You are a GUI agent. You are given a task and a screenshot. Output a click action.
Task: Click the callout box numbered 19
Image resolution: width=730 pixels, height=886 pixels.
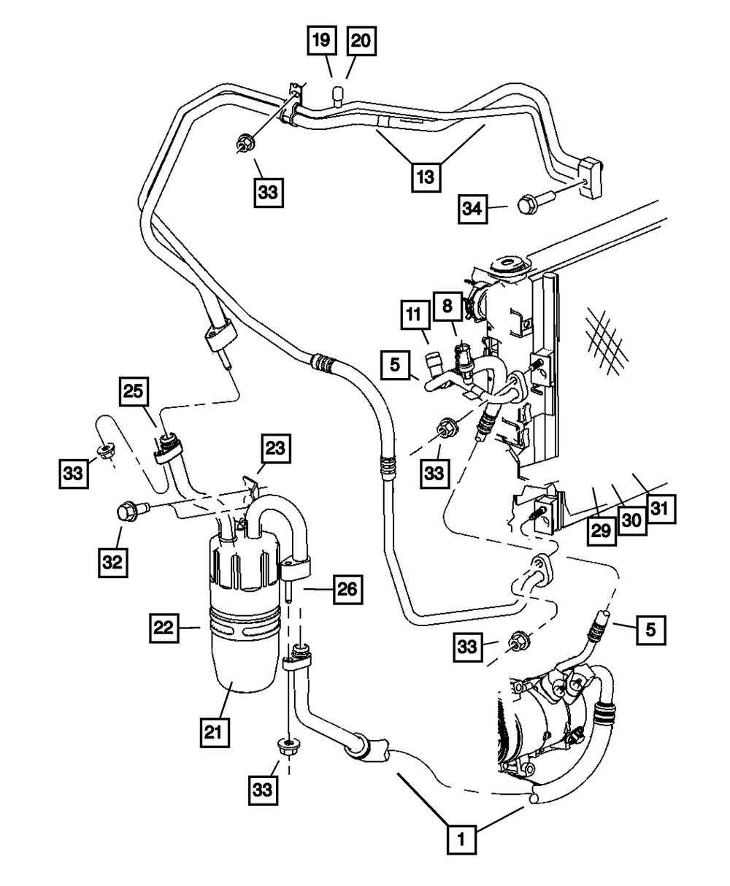[x=322, y=42]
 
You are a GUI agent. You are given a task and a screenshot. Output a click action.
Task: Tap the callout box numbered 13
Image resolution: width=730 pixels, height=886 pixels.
[x=426, y=176]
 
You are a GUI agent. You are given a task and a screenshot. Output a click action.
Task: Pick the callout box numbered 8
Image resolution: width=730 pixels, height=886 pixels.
[x=447, y=305]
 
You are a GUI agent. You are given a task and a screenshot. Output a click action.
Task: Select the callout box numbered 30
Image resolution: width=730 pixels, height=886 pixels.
[x=632, y=520]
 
